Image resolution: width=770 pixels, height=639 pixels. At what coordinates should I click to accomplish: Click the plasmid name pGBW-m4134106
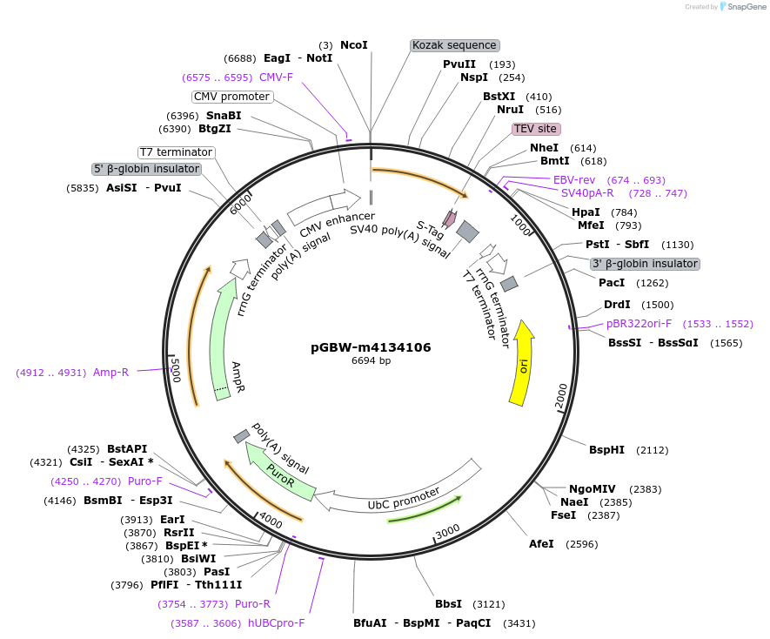(371, 347)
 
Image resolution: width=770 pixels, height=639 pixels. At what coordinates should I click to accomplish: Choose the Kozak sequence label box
(454, 45)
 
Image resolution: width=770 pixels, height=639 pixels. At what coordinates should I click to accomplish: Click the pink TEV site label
(534, 129)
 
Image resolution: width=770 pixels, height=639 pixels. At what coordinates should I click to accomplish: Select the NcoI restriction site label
(354, 44)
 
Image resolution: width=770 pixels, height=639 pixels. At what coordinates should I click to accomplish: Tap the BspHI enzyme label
(606, 450)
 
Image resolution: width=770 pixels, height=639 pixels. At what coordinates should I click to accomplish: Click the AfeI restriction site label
(541, 544)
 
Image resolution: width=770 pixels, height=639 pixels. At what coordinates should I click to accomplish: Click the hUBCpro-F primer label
(277, 623)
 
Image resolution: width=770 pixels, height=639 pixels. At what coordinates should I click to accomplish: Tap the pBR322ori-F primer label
(639, 324)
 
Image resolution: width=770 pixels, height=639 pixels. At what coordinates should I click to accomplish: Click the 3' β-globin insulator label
(644, 264)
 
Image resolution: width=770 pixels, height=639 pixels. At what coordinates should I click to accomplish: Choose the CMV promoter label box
(231, 97)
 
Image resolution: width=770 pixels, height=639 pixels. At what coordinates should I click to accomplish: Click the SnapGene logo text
(747, 6)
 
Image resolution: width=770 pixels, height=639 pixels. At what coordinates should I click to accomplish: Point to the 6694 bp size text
(371, 360)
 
